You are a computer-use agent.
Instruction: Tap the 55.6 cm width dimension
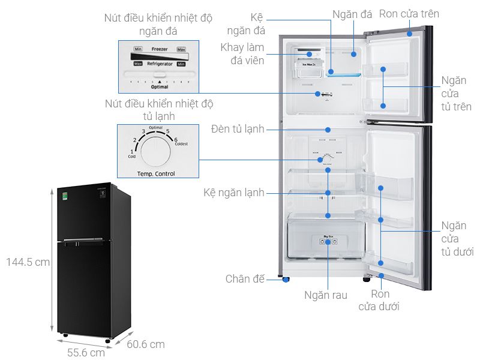click(x=85, y=352)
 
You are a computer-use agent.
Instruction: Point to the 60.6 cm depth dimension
click(x=145, y=344)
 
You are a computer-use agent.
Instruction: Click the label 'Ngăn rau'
click(x=326, y=295)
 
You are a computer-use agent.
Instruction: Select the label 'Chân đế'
click(x=245, y=279)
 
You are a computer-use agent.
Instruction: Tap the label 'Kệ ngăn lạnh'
click(x=234, y=193)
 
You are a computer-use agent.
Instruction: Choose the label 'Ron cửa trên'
click(x=409, y=14)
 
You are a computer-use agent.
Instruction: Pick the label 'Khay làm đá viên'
click(x=242, y=53)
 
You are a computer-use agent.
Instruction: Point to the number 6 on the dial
click(x=176, y=139)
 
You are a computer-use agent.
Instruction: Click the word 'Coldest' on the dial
click(x=181, y=145)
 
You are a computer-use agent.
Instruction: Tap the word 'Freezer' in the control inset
click(x=159, y=49)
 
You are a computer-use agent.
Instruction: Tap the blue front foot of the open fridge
click(x=284, y=279)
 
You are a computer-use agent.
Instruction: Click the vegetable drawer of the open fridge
click(x=327, y=239)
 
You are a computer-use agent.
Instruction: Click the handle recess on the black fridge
click(x=84, y=241)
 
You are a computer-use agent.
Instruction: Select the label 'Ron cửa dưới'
click(x=380, y=300)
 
